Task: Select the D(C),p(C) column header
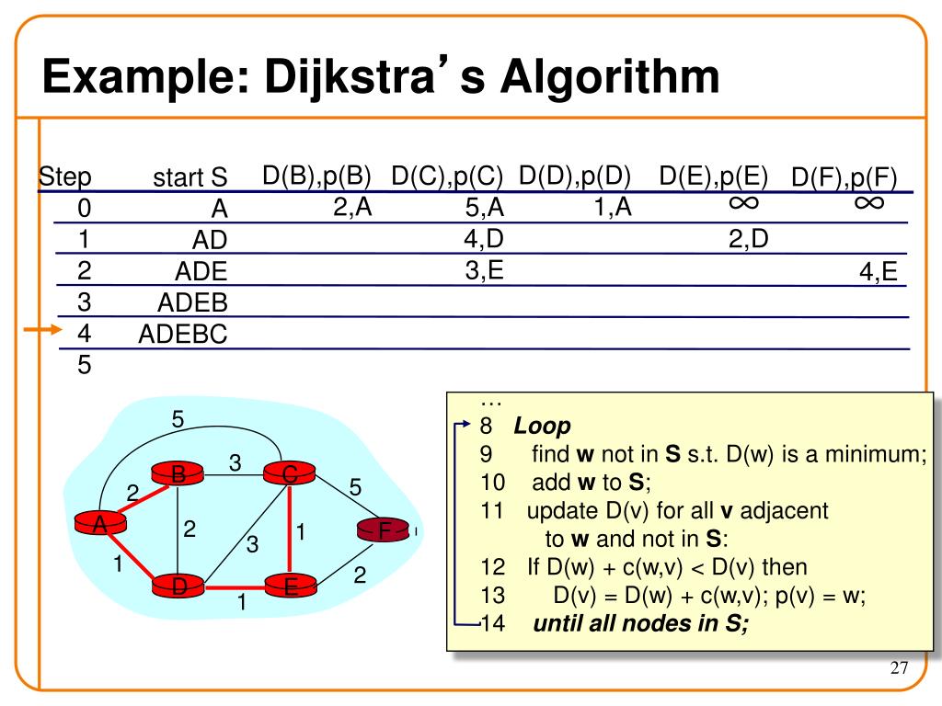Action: tap(447, 176)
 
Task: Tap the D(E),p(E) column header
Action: tap(714, 176)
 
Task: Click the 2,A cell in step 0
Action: tap(352, 208)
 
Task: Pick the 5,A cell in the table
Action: tap(485, 209)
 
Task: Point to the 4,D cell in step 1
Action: tap(484, 239)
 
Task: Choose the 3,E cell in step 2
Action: tap(484, 270)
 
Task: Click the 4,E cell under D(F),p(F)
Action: tap(879, 272)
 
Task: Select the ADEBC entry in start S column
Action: tap(182, 334)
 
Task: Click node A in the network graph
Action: tap(98, 524)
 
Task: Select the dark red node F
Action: tap(385, 531)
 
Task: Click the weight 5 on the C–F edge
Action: tap(356, 486)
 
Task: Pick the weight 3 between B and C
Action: tap(235, 464)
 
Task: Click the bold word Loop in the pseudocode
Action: tap(543, 427)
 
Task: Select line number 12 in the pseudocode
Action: tap(492, 567)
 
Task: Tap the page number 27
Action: tap(899, 668)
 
